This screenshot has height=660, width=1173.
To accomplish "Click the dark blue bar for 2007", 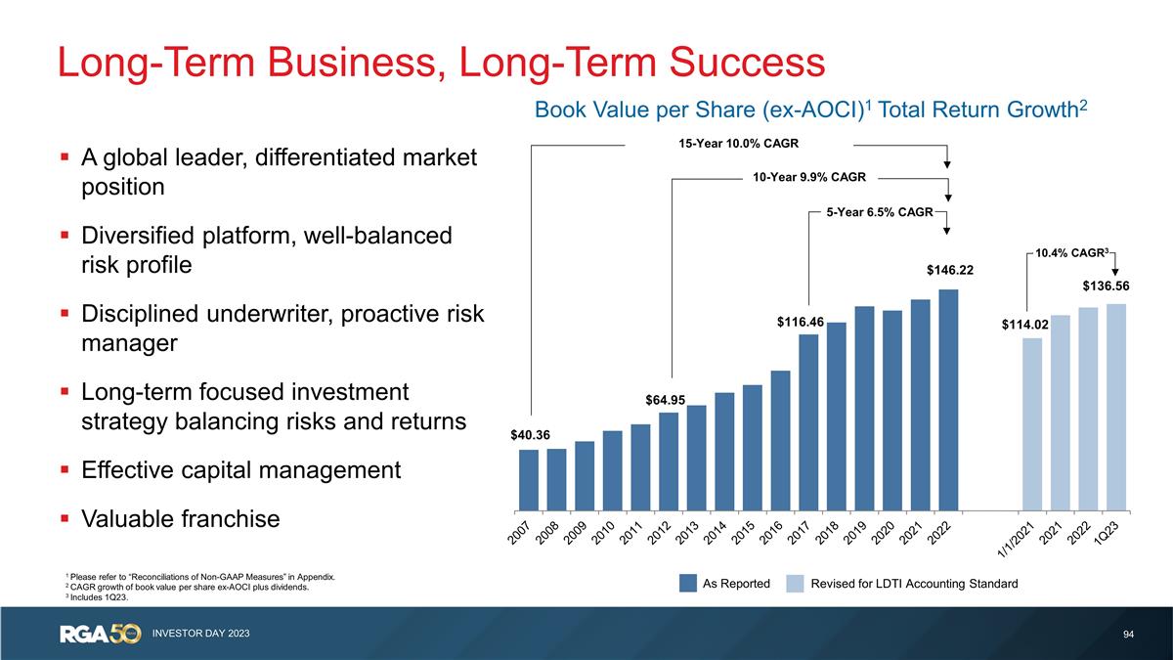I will [x=528, y=479].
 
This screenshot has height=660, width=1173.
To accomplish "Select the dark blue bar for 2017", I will [x=808, y=421].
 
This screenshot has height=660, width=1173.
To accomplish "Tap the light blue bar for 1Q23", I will [x=1116, y=407].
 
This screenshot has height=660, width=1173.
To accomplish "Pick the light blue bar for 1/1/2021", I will [x=1032, y=423].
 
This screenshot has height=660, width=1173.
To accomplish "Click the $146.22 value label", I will [x=950, y=270].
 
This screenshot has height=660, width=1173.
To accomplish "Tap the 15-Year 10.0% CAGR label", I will [x=740, y=145].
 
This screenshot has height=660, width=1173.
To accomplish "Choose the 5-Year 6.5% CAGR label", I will [x=879, y=211].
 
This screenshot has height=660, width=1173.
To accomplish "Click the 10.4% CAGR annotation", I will [x=1073, y=252].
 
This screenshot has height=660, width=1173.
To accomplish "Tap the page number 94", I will [x=1129, y=636].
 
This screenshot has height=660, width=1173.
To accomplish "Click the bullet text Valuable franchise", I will [x=181, y=519].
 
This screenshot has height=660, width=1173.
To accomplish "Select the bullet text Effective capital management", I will [x=240, y=470].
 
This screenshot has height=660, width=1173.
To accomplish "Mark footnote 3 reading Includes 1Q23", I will [x=98, y=597].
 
